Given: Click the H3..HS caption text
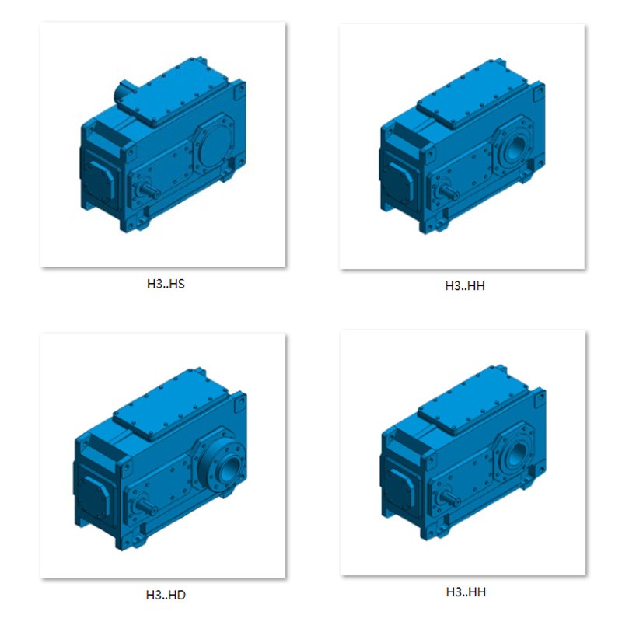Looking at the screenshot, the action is [x=166, y=284].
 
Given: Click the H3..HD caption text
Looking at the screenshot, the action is [x=166, y=595].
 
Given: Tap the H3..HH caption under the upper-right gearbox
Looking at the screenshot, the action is [x=465, y=286].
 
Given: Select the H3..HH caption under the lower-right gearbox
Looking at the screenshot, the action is [x=466, y=592].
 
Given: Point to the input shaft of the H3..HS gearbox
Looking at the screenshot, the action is [x=151, y=190].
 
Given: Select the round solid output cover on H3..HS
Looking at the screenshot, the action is [x=215, y=144].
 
